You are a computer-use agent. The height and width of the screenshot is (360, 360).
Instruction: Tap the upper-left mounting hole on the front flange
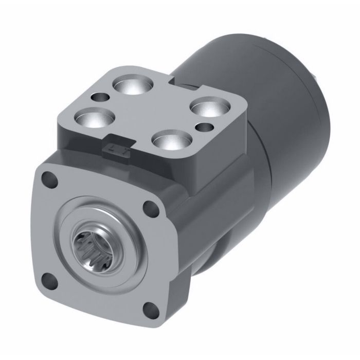[50, 180]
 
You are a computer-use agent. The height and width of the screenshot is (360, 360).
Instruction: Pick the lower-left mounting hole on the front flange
[47, 280]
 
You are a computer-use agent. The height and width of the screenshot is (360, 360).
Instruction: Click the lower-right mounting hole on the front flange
[150, 309]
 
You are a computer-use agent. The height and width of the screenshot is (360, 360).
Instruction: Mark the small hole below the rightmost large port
[205, 126]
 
